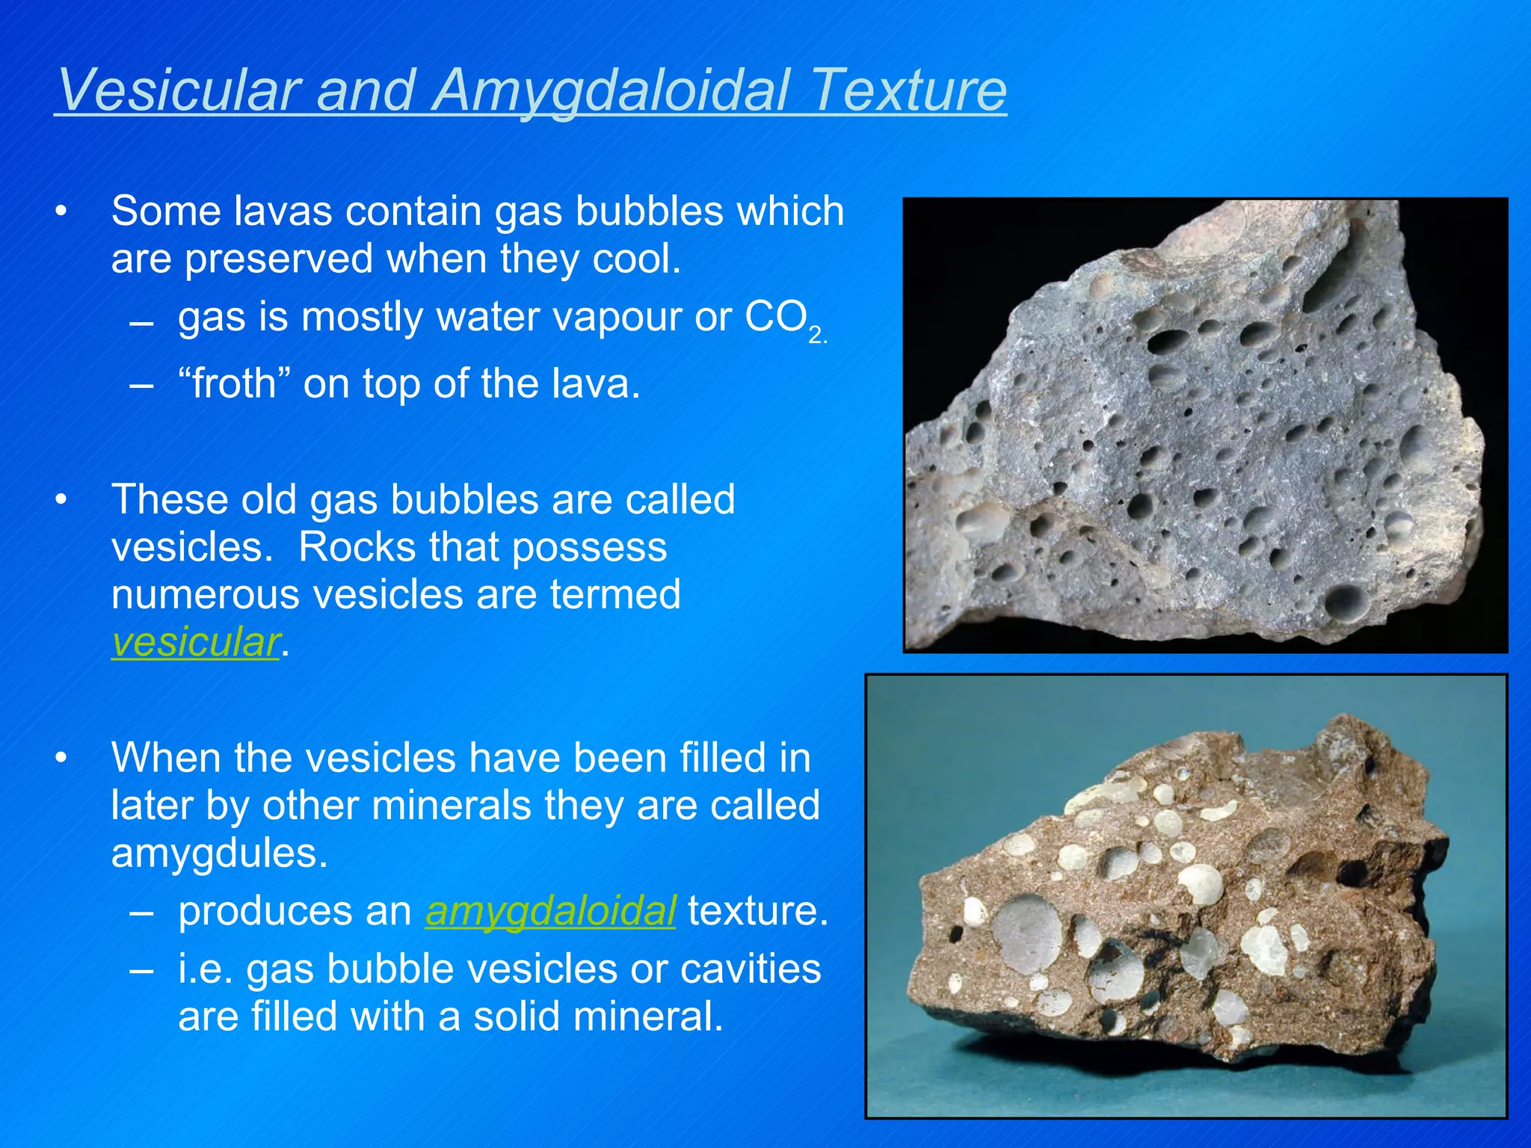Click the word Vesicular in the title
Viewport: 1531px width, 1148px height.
click(x=178, y=90)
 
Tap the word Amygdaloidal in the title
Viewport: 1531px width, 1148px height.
click(x=612, y=91)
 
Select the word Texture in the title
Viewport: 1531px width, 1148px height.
click(x=909, y=90)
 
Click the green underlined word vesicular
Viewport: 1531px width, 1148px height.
click(x=196, y=642)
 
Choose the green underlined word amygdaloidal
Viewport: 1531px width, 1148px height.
click(x=550, y=911)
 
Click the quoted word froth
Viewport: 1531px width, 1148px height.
click(x=234, y=384)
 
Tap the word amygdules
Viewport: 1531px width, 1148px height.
click(x=218, y=854)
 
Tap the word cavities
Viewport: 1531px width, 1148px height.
click(x=751, y=969)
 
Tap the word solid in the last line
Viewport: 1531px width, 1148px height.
click(x=516, y=1016)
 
